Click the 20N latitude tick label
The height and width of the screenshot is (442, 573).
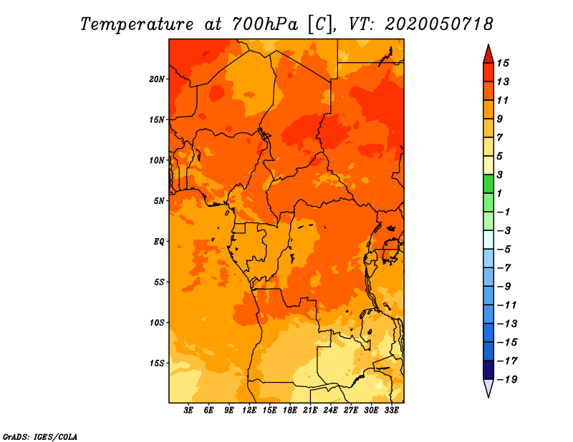click(157, 79)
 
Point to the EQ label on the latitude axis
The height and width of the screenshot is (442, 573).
click(159, 242)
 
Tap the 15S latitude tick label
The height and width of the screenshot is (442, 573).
click(157, 363)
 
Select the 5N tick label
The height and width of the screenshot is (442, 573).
click(159, 201)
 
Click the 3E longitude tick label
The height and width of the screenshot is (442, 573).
click(188, 411)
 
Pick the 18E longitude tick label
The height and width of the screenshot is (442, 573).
click(290, 411)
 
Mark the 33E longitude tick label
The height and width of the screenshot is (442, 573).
click(391, 411)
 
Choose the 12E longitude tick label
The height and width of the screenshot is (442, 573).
click(249, 411)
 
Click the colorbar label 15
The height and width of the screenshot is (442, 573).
click(503, 63)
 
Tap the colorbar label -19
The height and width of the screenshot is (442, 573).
click(507, 380)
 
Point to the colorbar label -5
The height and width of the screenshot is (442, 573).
click(504, 250)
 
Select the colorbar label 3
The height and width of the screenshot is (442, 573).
click(499, 175)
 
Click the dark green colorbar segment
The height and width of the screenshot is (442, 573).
click(488, 184)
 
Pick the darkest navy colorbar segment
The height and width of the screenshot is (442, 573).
click(488, 370)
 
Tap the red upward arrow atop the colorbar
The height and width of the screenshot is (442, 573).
click(488, 54)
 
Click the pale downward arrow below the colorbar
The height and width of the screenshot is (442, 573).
click(488, 388)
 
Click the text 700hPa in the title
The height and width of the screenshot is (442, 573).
click(265, 24)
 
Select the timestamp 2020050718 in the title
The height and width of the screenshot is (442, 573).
click(438, 24)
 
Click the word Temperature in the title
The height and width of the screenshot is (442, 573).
click(137, 25)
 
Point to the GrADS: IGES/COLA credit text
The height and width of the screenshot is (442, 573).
click(40, 437)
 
